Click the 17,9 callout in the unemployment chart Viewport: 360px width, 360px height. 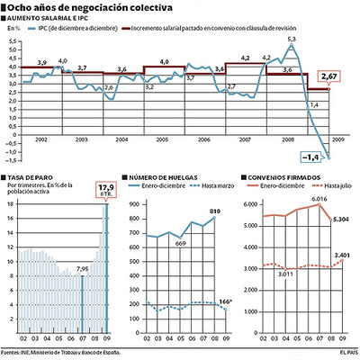tap(106, 190)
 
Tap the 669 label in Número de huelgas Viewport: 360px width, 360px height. tap(181, 244)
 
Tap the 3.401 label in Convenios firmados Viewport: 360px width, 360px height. tap(341, 255)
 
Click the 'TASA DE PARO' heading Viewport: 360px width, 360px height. tap(28, 177)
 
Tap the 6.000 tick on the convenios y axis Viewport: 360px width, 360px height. tap(251, 204)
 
